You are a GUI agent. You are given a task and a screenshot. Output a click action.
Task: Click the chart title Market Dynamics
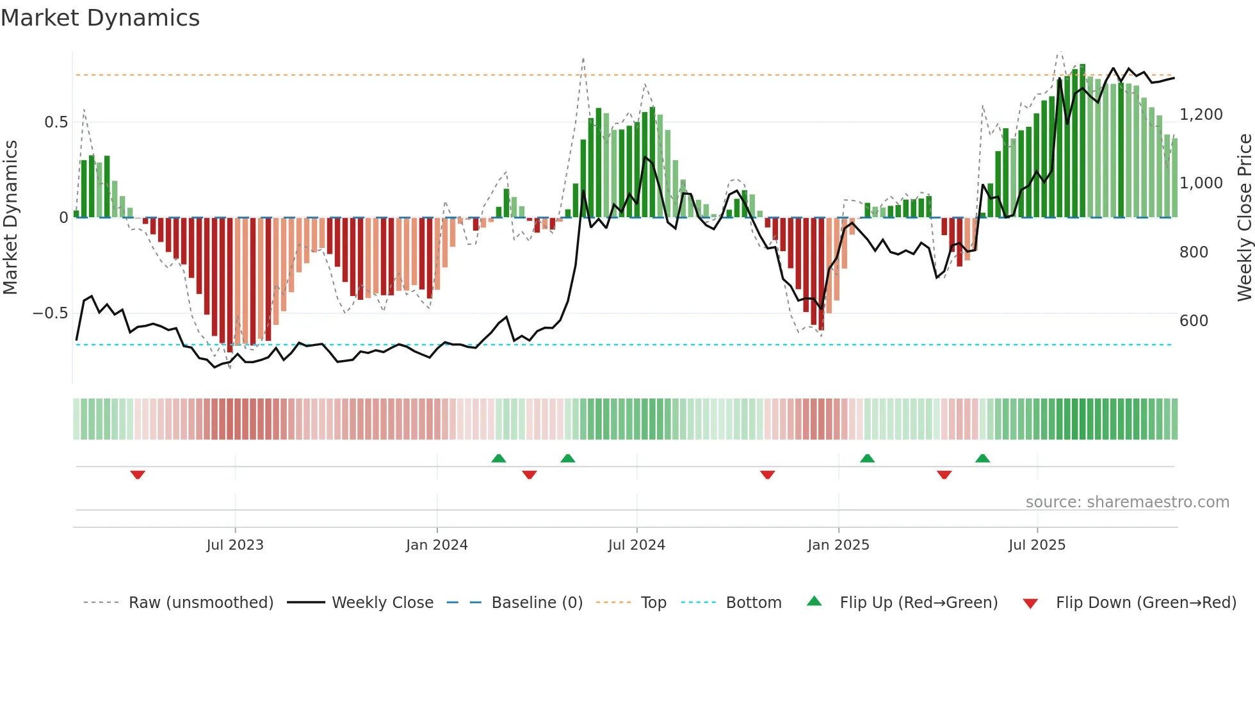coord(101,18)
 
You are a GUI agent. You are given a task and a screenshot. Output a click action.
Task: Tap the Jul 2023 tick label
coord(235,545)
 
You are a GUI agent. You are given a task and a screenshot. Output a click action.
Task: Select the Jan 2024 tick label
coord(437,545)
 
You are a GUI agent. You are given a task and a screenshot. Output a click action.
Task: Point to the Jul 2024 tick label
coord(636,545)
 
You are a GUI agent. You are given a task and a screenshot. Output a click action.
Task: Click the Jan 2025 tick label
coord(838,545)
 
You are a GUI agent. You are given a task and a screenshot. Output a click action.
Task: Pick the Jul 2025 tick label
coord(1037,545)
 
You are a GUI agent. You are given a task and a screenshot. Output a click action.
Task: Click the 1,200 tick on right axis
coord(1201,115)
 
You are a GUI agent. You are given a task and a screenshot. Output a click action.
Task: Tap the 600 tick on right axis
coord(1194,321)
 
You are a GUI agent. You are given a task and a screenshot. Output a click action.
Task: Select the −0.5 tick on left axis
coord(50,313)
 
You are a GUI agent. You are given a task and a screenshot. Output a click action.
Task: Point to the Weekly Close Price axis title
coord(1244,218)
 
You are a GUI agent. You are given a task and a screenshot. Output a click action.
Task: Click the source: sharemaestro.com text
coord(1127,502)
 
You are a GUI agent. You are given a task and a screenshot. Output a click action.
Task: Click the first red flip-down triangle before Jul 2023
coord(138,475)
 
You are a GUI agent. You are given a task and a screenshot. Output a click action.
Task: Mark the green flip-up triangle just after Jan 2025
coord(867,458)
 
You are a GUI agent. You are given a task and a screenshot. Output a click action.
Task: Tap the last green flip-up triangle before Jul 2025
coord(982,458)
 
